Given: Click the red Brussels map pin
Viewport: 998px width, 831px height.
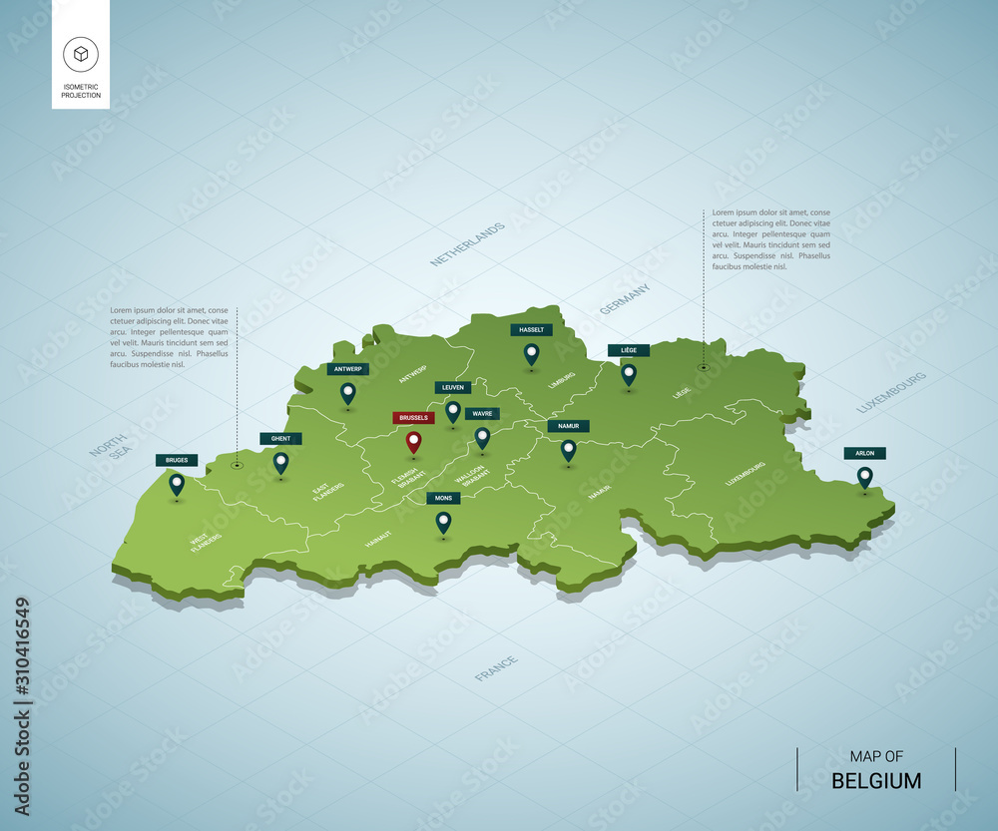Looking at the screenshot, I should [x=413, y=442].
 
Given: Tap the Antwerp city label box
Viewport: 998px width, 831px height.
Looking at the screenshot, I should [x=347, y=369].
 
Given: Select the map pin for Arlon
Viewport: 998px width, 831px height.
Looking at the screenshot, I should [x=864, y=477].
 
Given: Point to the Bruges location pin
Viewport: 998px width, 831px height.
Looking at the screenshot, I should [x=177, y=484].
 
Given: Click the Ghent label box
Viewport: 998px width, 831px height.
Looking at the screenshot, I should [x=280, y=438].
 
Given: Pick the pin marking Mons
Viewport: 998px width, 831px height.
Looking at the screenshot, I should [x=443, y=521].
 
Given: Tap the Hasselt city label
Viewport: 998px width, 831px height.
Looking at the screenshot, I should [x=531, y=330].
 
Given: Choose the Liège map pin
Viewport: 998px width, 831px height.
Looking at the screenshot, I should [x=629, y=374].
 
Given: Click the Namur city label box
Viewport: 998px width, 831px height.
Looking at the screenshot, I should [x=568, y=426].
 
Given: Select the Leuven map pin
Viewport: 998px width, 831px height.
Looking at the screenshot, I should [x=453, y=410].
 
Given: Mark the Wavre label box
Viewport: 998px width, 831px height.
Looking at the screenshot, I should [x=481, y=414].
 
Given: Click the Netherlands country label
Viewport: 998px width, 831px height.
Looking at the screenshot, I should [x=467, y=244].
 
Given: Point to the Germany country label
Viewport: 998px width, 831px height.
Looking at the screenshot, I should [x=625, y=299].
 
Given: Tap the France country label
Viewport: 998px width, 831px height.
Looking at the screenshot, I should [x=496, y=668].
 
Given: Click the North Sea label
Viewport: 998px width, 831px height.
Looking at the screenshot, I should [x=110, y=446].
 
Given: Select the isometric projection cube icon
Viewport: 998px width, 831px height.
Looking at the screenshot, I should [x=80, y=54].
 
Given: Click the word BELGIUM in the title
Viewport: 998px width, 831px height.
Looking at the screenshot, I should [x=876, y=780].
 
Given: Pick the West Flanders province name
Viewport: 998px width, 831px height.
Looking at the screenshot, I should [x=207, y=542].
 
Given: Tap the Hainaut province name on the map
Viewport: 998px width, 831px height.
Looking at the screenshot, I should [x=378, y=540].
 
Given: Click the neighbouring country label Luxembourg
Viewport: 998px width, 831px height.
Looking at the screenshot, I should [x=891, y=392].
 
